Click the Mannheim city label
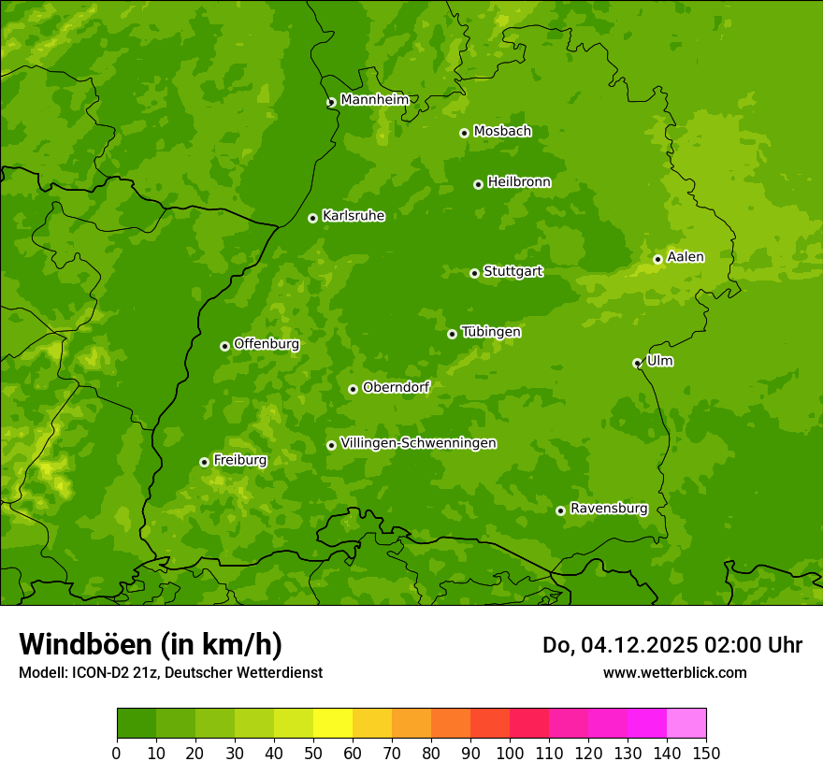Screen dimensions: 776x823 coord(374,99)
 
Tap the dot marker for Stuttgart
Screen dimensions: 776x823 coord(474,273)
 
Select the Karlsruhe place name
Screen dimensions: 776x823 coord(353,216)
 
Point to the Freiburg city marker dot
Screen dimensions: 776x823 coord(204,462)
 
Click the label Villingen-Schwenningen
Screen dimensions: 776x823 coord(418,443)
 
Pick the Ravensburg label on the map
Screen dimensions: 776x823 coord(608,509)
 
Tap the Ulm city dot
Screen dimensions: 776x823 coord(637,363)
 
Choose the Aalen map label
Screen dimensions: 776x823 coord(685,257)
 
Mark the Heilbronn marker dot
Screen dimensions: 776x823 coord(478,184)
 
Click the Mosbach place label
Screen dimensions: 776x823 coord(501,131)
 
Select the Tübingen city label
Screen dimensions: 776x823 coord(490,332)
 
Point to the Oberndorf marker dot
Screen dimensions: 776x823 coord(353,389)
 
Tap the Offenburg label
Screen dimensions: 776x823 coord(266,344)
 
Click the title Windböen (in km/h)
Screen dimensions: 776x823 coord(150,644)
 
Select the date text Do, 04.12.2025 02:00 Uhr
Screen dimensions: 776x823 coord(671,645)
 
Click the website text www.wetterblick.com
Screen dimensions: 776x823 coord(674,672)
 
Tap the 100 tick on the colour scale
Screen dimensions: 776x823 coord(510,753)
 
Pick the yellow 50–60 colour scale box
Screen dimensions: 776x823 coord(333,724)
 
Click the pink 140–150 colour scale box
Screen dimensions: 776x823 coord(686,724)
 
